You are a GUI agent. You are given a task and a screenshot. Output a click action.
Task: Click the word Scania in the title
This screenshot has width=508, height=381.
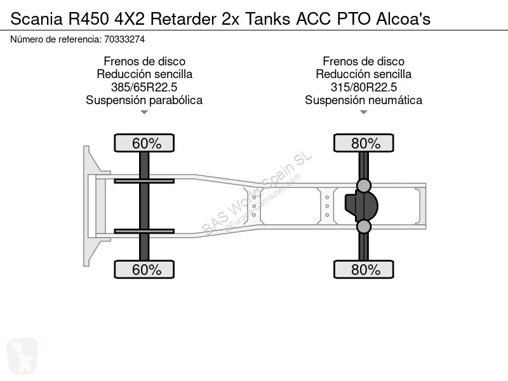tap(37, 19)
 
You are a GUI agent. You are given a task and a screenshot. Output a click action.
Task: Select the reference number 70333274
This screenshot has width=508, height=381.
tap(124, 39)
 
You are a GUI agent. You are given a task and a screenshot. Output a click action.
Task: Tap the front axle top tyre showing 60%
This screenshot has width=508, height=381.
tap(144, 143)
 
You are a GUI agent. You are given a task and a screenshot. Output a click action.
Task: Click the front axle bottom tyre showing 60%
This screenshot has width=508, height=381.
tap(144, 269)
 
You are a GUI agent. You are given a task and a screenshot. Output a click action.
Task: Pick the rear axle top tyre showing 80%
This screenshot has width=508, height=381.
tap(363, 143)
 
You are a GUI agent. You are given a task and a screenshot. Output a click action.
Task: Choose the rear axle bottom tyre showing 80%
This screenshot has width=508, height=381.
tap(363, 269)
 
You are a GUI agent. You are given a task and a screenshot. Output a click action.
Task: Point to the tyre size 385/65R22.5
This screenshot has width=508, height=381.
tap(144, 87)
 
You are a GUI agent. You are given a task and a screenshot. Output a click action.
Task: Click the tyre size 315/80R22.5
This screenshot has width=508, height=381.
tap(363, 87)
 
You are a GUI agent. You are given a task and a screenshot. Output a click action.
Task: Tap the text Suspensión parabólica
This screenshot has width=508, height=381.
tap(144, 100)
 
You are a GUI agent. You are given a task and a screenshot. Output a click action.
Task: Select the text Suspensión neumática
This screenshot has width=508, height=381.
tap(363, 100)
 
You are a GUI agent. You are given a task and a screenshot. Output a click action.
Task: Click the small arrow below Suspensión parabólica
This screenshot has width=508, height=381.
tap(144, 112)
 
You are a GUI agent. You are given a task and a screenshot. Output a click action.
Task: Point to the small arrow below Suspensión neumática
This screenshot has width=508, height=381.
tap(363, 112)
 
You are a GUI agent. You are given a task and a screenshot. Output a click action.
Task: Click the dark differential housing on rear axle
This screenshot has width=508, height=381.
tap(361, 206)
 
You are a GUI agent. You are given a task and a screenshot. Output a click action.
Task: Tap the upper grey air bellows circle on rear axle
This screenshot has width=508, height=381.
tap(363, 185)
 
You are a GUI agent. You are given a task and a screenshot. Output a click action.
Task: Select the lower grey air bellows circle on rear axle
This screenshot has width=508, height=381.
tap(363, 227)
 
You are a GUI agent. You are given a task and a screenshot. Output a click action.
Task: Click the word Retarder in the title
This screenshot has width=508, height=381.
tap(183, 19)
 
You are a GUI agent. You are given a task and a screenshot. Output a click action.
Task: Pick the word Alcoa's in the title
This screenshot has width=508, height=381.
tap(403, 19)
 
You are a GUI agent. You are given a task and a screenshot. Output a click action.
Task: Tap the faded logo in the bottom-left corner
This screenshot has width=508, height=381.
tap(22, 356)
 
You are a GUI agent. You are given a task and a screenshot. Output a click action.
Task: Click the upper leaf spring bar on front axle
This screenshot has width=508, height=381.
tap(144, 181)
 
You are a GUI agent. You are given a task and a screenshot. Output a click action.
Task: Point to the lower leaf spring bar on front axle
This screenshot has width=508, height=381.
tap(144, 231)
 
